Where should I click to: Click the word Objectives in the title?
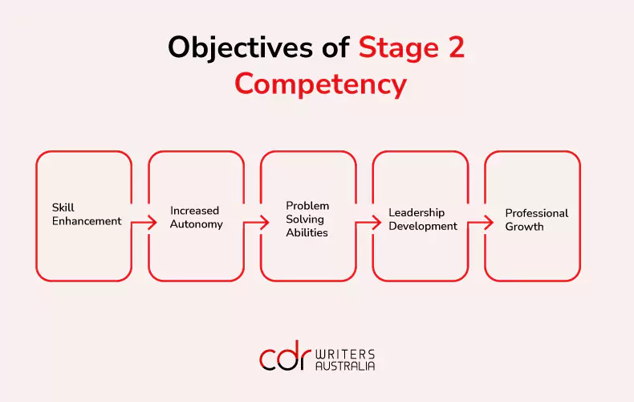240,47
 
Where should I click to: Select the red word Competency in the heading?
321,84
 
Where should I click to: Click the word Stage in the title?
399,48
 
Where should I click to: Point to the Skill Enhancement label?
87,215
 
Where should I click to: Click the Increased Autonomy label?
196,218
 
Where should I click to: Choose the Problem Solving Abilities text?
307,219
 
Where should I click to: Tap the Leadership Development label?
423,219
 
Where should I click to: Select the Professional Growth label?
537,219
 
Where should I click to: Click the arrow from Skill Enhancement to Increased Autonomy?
144,222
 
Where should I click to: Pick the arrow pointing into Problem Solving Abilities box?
256,222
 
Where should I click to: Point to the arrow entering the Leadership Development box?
368,222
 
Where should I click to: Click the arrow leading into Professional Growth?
481,222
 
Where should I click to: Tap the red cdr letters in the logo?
286,355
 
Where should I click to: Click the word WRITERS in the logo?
345,355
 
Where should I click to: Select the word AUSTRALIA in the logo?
345,366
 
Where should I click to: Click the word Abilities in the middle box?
307,232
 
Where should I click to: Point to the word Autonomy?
196,224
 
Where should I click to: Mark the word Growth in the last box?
524,227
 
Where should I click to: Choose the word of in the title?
335,47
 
